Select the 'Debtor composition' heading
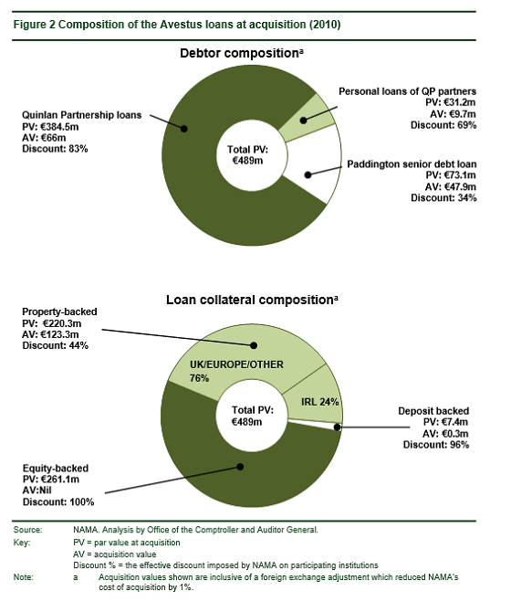point(239,53)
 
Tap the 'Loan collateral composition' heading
point(249,300)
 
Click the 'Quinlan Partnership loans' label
point(81,115)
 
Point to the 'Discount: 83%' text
point(55,149)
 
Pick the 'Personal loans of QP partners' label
point(407,91)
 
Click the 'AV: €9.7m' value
point(453,114)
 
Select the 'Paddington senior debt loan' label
point(412,164)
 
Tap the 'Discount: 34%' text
point(443,198)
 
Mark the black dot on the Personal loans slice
point(303,121)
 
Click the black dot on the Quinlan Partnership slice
point(184,129)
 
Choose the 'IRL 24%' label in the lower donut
point(319,402)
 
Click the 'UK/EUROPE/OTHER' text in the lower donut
point(236,364)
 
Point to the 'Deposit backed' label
point(433,411)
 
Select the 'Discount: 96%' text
point(436,445)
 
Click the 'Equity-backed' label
point(56,469)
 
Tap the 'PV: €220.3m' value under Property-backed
point(52,323)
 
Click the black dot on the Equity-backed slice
point(240,467)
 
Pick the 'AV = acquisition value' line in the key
point(115,554)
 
